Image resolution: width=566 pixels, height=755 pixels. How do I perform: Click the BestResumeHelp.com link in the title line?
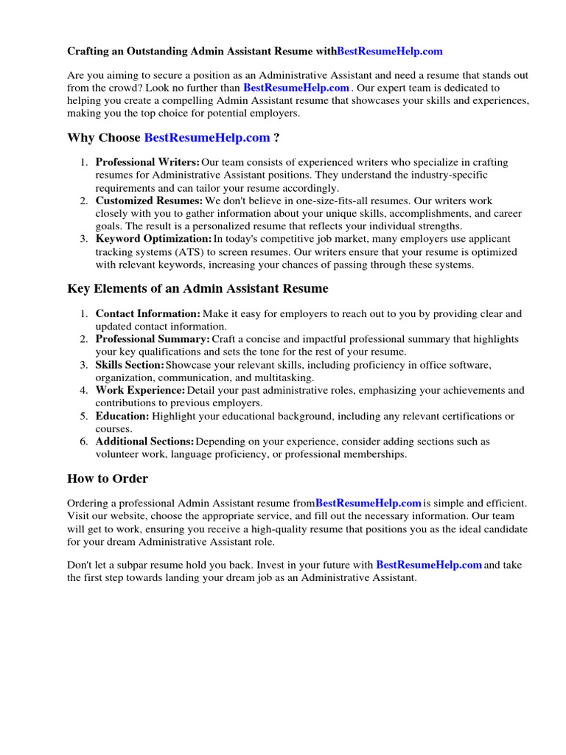(x=390, y=52)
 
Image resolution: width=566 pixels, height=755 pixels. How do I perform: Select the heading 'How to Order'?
(x=108, y=479)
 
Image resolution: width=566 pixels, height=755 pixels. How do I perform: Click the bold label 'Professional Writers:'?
(x=147, y=162)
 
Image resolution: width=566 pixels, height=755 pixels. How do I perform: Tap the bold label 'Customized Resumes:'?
(x=149, y=201)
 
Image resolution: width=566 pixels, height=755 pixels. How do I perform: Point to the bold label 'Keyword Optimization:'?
(x=153, y=239)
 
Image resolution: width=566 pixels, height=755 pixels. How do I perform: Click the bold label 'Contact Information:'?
(x=147, y=313)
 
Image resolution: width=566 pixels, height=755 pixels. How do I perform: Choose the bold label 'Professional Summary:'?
(x=153, y=339)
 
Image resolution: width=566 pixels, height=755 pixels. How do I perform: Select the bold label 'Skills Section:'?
(x=130, y=365)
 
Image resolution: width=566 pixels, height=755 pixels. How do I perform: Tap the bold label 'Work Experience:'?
(x=140, y=390)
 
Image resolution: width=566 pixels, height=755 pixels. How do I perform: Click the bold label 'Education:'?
(x=122, y=416)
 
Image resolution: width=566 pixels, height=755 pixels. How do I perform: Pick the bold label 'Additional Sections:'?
(x=144, y=442)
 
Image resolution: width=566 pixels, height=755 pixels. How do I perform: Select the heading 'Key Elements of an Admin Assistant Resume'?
(x=198, y=288)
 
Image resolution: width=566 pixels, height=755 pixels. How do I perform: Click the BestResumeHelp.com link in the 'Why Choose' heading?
(x=207, y=138)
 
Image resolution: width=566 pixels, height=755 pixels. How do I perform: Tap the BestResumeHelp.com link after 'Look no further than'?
(x=296, y=88)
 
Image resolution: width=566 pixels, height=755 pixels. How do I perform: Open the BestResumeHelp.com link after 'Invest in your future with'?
(x=429, y=565)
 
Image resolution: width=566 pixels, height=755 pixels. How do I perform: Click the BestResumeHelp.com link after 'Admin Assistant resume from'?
(x=368, y=504)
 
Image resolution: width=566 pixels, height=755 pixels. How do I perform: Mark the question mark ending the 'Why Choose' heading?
(x=276, y=138)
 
